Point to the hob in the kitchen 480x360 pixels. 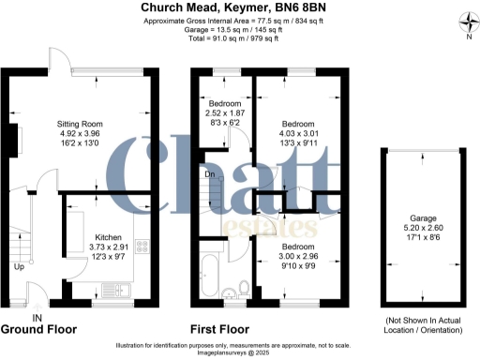[144, 247]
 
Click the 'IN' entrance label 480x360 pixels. [37, 319]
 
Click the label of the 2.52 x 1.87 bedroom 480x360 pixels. [223, 103]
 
